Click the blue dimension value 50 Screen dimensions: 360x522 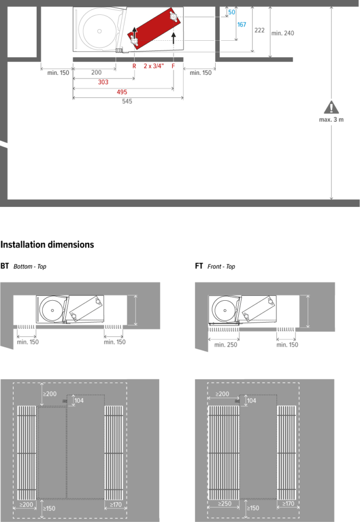[x=232, y=12]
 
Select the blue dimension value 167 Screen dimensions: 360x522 [x=242, y=24]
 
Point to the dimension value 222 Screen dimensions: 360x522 [x=260, y=30]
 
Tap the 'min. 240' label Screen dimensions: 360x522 [x=282, y=33]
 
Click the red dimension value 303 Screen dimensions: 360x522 [x=103, y=82]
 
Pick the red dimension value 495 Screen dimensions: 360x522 [x=122, y=92]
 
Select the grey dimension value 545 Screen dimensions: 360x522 [x=127, y=101]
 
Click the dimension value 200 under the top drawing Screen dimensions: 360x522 [x=96, y=72]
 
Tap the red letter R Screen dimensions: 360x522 [x=134, y=66]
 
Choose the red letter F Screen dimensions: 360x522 [x=173, y=66]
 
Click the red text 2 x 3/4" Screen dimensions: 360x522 [x=154, y=66]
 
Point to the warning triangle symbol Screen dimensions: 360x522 [x=331, y=107]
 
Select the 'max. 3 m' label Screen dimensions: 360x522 [x=331, y=120]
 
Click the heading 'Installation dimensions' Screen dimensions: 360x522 [x=47, y=245]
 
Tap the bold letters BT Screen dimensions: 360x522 [x=5, y=266]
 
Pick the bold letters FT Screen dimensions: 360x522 [x=199, y=266]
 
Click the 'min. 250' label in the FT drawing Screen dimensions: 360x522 [x=226, y=345]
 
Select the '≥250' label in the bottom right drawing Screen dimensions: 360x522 [x=224, y=504]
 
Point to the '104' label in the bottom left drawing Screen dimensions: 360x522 [x=79, y=401]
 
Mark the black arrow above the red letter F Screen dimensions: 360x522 [x=173, y=38]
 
